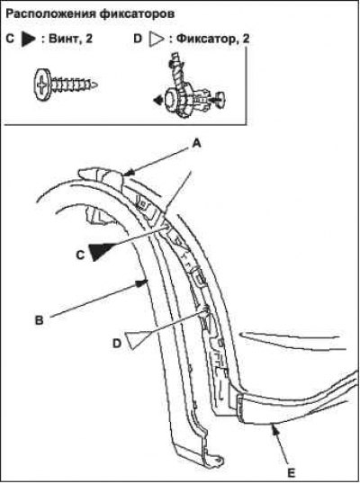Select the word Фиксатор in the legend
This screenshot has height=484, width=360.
click(206, 39)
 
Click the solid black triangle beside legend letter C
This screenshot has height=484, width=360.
click(28, 39)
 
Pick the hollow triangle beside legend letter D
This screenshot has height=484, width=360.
click(157, 40)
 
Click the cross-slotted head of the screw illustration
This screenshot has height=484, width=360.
click(41, 85)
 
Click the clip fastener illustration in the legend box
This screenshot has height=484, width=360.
click(189, 90)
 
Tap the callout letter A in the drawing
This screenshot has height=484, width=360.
click(196, 144)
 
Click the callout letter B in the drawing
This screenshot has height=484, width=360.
click(40, 319)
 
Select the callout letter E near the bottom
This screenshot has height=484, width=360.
click(291, 472)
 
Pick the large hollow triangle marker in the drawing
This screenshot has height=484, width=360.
click(138, 339)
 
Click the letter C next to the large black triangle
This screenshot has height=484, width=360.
click(80, 255)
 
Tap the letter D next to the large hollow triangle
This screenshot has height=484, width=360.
click(117, 344)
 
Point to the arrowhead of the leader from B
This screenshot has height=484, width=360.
click(141, 282)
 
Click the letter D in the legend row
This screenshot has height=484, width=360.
click(138, 39)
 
